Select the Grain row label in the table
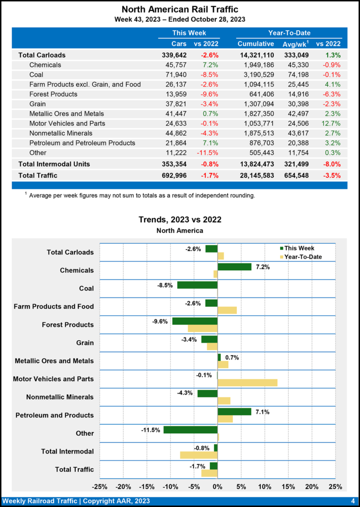(38, 104)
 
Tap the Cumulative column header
(256, 44)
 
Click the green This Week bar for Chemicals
(234, 267)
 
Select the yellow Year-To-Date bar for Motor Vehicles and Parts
(247, 382)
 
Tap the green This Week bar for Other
(191, 430)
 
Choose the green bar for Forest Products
(195, 321)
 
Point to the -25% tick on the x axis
(101, 486)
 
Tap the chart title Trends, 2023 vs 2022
(180, 219)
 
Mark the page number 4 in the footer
(353, 501)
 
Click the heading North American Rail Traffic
(180, 9)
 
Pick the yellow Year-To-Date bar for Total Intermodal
(199, 455)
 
